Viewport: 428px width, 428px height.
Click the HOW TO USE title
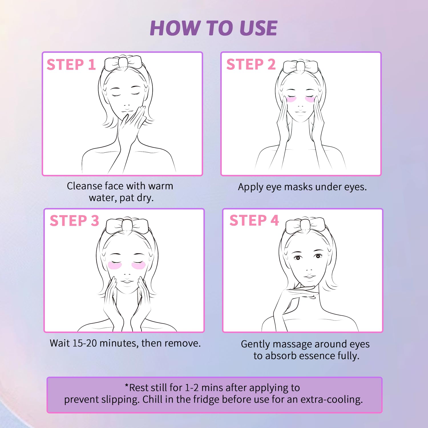(213, 28)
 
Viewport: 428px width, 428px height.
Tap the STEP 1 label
(71, 64)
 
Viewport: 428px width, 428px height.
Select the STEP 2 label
(251, 64)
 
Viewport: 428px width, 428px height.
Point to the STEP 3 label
(74, 221)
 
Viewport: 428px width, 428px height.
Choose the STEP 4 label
(254, 220)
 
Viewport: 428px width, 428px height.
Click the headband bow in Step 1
(123, 63)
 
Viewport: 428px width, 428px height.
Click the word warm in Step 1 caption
(161, 186)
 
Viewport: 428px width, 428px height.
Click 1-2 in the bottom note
(192, 388)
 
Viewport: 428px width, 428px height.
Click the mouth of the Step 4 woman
(309, 276)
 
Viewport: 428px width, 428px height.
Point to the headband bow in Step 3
(127, 226)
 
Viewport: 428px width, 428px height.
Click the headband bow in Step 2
(300, 66)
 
